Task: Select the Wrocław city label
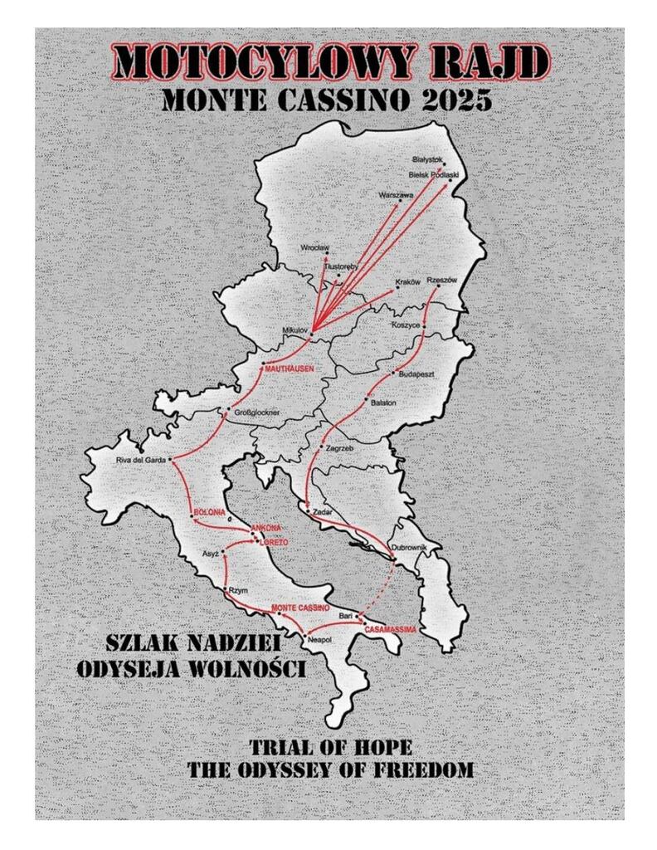315,247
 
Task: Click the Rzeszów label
441,281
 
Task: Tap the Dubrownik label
408,548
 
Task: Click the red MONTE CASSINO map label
300,608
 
